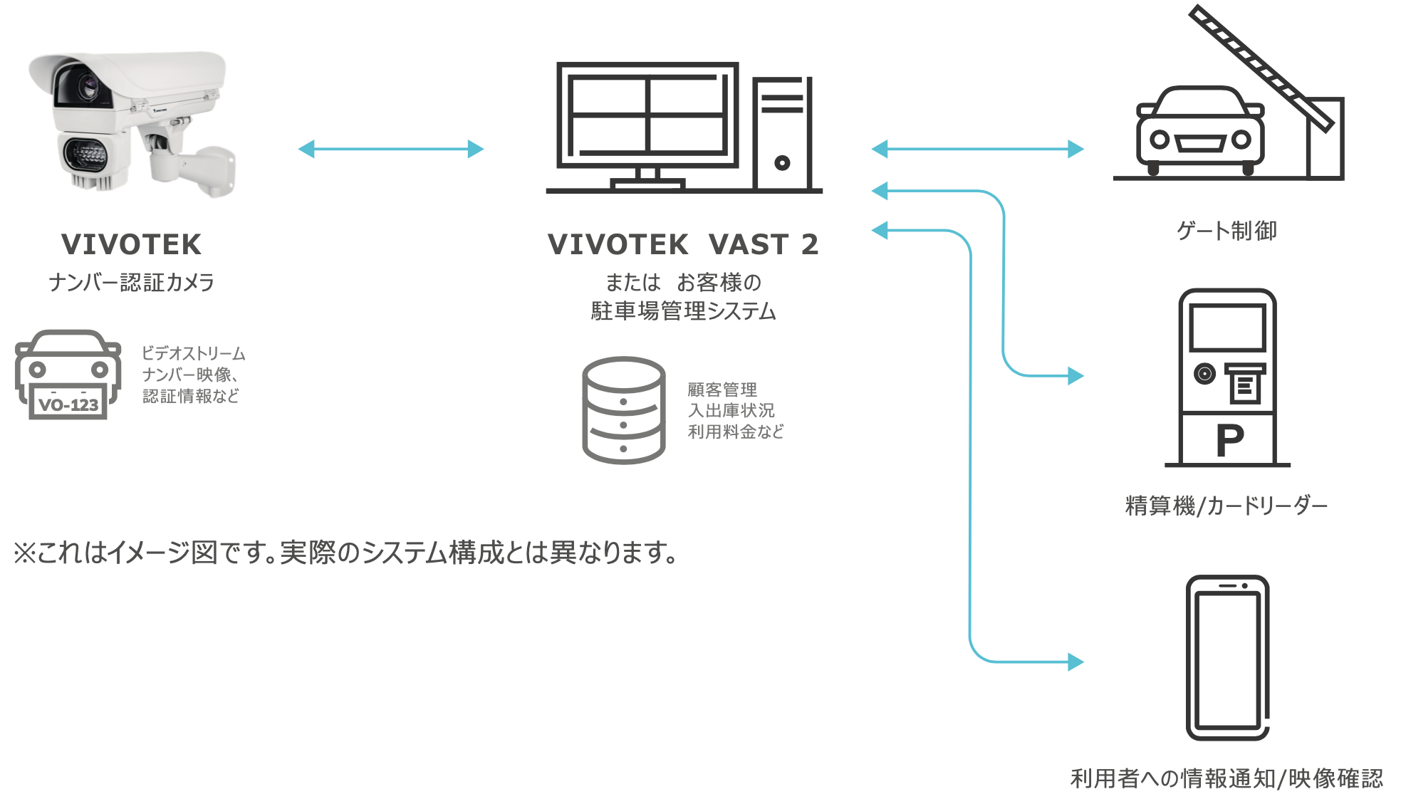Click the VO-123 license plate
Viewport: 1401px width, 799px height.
tap(68, 404)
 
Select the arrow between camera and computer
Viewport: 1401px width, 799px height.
tap(391, 149)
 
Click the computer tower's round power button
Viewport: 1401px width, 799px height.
tap(782, 163)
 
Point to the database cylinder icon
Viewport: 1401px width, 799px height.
tap(623, 410)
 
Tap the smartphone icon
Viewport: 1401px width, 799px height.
tap(1227, 657)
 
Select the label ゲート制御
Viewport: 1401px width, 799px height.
tap(1226, 231)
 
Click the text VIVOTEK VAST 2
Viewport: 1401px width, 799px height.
tap(683, 244)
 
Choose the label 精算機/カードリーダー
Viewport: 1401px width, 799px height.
tap(1226, 506)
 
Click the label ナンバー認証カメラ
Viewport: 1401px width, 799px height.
tap(132, 283)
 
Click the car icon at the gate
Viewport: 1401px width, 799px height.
tap(1200, 132)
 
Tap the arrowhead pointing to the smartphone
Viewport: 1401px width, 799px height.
tap(1076, 662)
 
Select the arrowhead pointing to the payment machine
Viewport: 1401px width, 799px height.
tap(1076, 375)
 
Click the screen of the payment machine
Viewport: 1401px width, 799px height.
tap(1227, 327)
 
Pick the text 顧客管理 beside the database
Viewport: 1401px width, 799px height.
tap(722, 390)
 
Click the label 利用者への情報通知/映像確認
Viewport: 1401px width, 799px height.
tap(1226, 778)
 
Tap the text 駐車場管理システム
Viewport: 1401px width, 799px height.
tap(683, 311)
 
